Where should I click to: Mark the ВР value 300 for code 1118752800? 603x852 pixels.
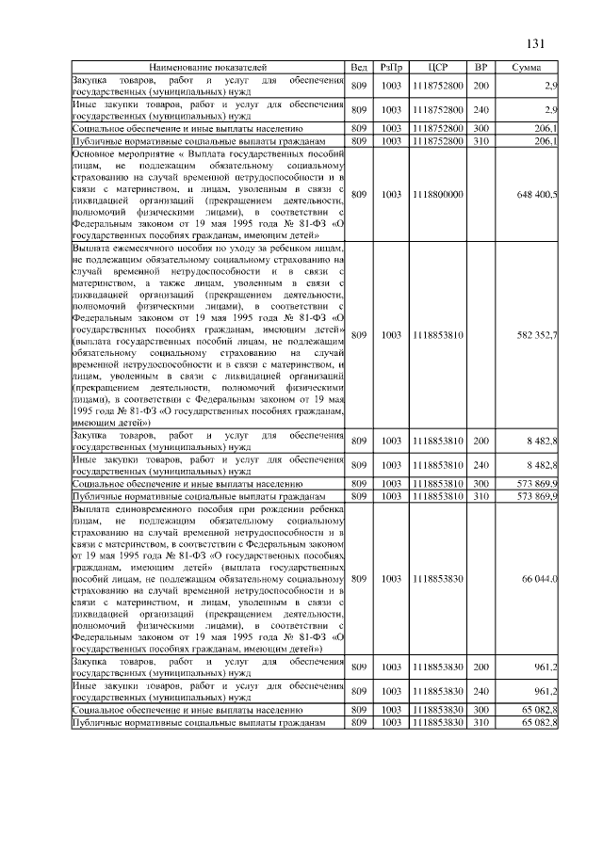pos(481,126)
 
